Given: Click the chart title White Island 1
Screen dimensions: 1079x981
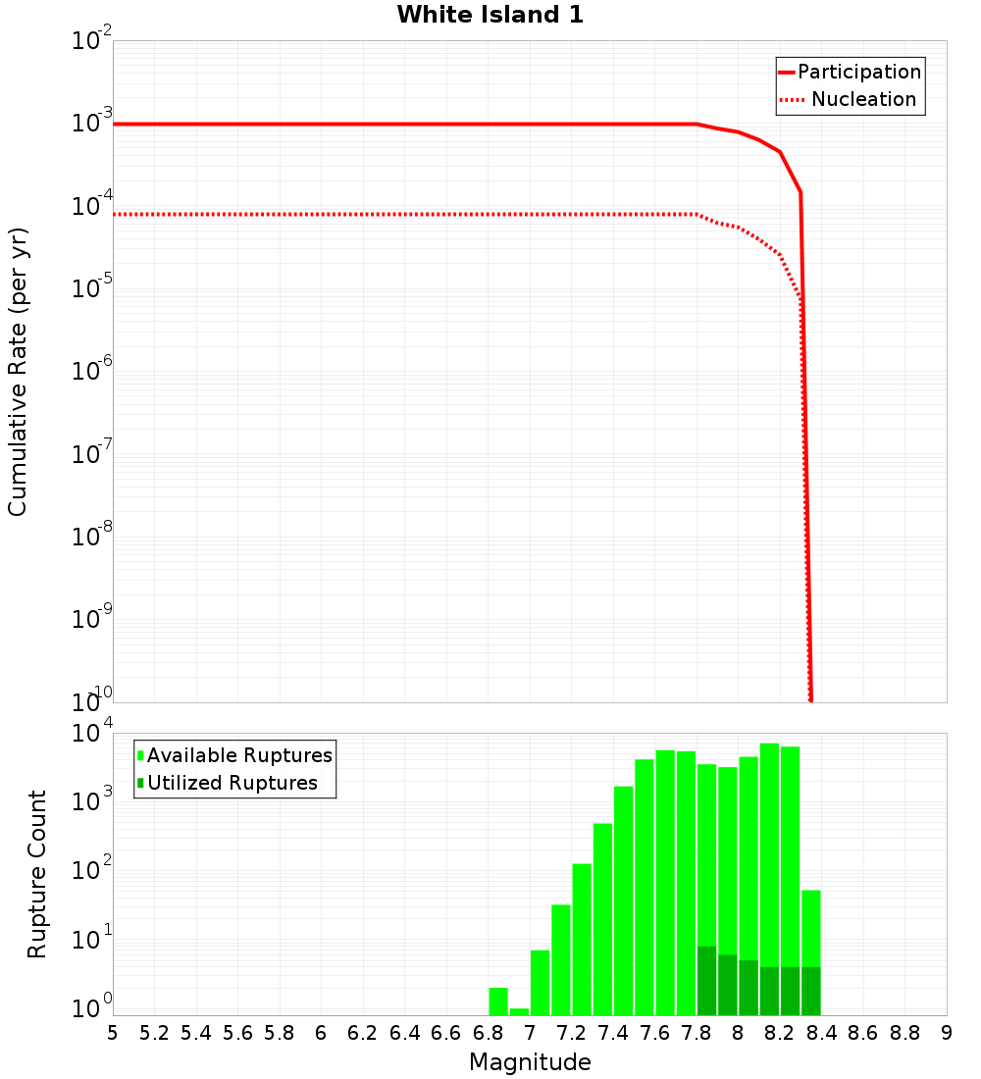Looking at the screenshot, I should coord(490,15).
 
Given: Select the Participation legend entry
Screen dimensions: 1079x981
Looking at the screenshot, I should coord(858,72).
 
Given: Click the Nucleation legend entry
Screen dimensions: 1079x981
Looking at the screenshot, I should coord(862,99).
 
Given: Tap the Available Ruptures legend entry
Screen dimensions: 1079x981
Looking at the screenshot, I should coord(238,755).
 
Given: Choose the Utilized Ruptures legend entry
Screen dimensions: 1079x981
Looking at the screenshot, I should coord(232,783).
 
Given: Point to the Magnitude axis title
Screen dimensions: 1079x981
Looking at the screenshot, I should coord(530,1062).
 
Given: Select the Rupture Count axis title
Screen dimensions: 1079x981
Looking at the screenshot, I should coord(37,874).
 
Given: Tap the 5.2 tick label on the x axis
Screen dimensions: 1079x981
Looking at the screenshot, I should coord(154,1033).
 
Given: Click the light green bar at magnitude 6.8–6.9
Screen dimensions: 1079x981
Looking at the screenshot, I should coord(498,1001).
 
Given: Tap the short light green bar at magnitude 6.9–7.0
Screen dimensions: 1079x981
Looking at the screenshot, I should coord(519,1011).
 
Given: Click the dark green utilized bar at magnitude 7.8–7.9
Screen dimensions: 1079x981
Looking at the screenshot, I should coord(706,981).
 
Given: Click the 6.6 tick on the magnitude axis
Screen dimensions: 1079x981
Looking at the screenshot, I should coord(445,1033).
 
